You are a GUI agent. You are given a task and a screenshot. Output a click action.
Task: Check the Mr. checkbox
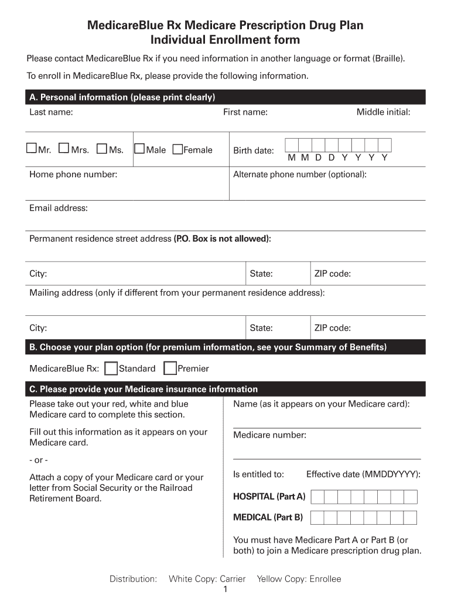[x=31, y=149]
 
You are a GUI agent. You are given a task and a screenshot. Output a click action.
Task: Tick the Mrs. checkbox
[x=64, y=149]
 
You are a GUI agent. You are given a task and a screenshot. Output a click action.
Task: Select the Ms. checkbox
[x=102, y=149]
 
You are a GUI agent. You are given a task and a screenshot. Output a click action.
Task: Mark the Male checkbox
[x=139, y=149]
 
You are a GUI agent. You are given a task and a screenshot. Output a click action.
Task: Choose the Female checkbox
[x=177, y=149]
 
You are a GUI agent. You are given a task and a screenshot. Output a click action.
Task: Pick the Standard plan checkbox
[x=110, y=368]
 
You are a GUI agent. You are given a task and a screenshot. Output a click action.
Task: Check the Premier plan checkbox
[x=170, y=368]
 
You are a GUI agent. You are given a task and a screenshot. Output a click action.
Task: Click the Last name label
[x=51, y=112]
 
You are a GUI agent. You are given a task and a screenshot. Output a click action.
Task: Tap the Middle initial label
[x=383, y=112]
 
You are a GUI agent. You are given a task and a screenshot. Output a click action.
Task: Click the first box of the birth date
[x=292, y=146]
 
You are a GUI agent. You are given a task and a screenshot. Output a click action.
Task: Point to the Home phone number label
[x=73, y=174]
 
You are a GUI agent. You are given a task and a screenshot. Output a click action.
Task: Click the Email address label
[x=59, y=208]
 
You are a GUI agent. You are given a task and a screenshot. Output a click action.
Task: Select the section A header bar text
[x=122, y=97]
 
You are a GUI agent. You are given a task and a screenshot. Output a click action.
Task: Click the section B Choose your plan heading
[x=208, y=347]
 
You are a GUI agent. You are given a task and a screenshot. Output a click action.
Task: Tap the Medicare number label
[x=269, y=435]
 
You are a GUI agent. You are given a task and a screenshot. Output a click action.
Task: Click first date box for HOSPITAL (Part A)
[x=317, y=497]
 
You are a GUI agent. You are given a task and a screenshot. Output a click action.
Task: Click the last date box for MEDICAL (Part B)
[x=410, y=518]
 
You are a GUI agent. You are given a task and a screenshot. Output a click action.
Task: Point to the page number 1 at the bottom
[x=225, y=590]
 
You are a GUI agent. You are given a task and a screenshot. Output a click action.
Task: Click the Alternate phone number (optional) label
[x=300, y=174]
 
